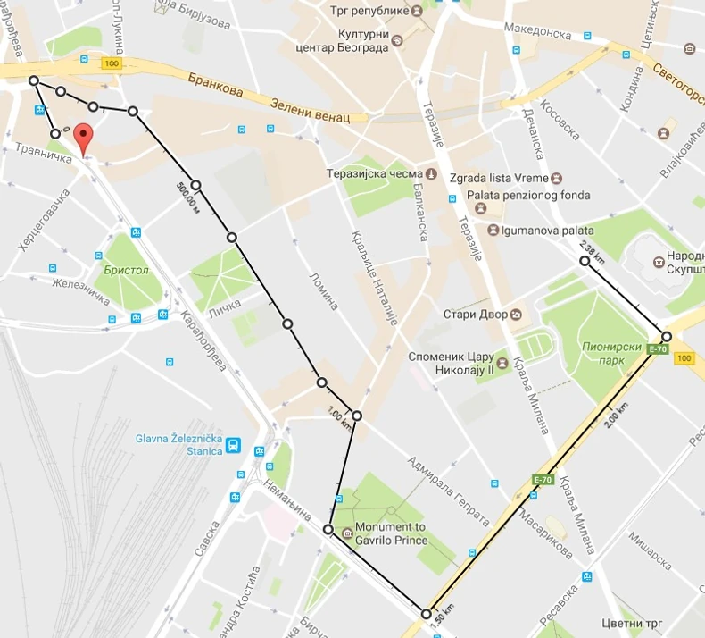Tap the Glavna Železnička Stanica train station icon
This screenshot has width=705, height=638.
pyautogui.click(x=233, y=445)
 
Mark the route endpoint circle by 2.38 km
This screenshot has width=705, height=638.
pyautogui.click(x=585, y=261)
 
